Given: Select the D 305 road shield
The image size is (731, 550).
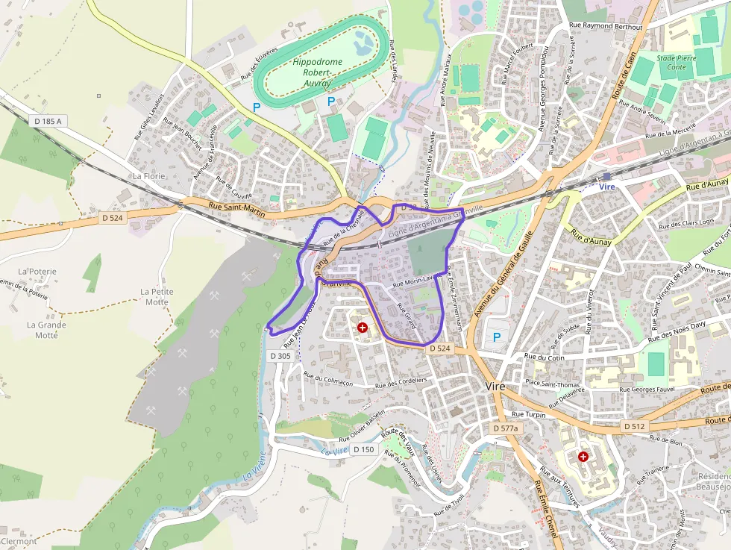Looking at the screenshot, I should pyautogui.click(x=280, y=356).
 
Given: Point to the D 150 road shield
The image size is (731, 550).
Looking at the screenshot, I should pyautogui.click(x=363, y=449).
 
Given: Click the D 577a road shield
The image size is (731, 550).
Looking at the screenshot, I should pyautogui.click(x=505, y=428).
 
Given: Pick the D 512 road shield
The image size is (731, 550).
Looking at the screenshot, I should pyautogui.click(x=633, y=425).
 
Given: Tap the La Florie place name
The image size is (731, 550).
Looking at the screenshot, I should pyautogui.click(x=148, y=176).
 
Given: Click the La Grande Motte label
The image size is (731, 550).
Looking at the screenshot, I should pyautogui.click(x=46, y=330).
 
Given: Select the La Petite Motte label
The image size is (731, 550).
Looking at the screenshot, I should pyautogui.click(x=157, y=296).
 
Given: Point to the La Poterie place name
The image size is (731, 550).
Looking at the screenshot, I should pyautogui.click(x=37, y=272).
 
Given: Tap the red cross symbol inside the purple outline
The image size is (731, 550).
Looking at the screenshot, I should pyautogui.click(x=363, y=327).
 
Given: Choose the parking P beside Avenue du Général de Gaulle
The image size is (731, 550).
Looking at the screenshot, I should pyautogui.click(x=497, y=337).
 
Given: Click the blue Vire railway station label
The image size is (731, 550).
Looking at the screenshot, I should pyautogui.click(x=607, y=187).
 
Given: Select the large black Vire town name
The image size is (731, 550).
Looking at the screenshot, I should pyautogui.click(x=495, y=387).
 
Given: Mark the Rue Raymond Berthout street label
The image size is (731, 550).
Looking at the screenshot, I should pyautogui.click(x=605, y=25).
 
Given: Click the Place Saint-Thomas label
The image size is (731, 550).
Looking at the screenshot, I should pyautogui.click(x=553, y=383).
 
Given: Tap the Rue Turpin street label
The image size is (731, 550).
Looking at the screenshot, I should pyautogui.click(x=529, y=413).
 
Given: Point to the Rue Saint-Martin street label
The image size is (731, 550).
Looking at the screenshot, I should pyautogui.click(x=236, y=210).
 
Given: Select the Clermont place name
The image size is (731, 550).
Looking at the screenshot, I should pyautogui.click(x=19, y=541).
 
